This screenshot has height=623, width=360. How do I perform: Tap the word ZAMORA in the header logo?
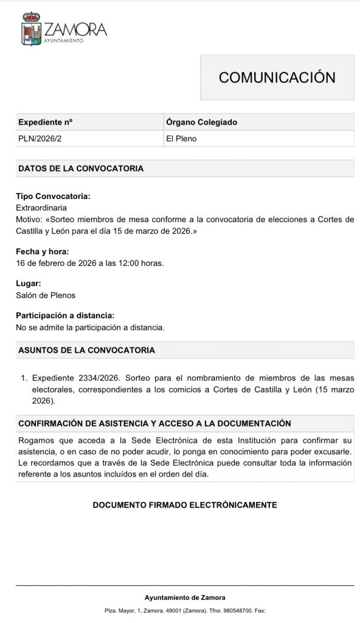[x=75, y=29]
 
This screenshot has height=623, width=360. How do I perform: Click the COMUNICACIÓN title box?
[x=277, y=77]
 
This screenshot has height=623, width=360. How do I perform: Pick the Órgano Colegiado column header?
[x=201, y=122]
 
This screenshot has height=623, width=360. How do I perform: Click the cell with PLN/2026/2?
[x=40, y=139]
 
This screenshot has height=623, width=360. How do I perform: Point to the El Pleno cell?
[x=181, y=139]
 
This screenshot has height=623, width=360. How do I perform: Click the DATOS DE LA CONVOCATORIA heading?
[x=81, y=169]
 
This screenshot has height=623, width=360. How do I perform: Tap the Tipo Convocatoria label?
[x=53, y=197]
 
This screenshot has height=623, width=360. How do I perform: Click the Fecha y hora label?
[x=42, y=251]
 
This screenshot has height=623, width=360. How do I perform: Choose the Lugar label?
[x=29, y=284]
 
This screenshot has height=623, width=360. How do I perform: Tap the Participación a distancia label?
[x=65, y=316]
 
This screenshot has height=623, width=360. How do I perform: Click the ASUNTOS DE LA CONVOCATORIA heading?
[x=86, y=350]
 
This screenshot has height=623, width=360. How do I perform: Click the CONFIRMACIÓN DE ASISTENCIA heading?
[x=154, y=423]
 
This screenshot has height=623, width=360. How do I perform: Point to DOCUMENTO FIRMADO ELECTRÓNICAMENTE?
[x=185, y=505]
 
